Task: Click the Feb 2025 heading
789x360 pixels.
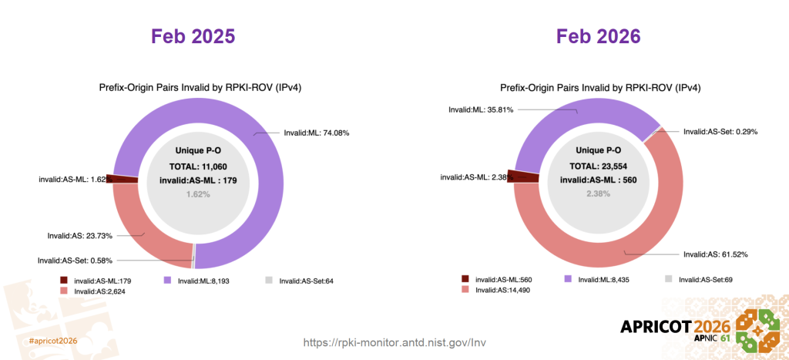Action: click(193, 37)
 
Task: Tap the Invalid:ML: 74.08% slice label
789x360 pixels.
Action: click(316, 133)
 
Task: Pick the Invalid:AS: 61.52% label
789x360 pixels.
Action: click(715, 254)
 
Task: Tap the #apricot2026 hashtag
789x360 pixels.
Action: click(53, 340)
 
